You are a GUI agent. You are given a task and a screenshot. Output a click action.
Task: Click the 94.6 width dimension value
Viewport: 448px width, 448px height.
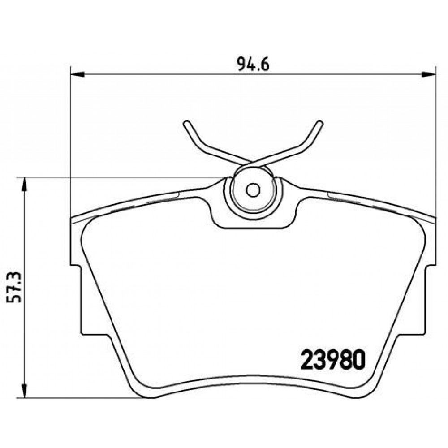click(x=253, y=65)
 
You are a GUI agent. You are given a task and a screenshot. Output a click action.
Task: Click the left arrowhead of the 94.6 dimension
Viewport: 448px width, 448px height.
click(x=78, y=74)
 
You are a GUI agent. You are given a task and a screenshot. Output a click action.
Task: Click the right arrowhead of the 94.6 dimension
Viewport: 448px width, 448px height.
click(x=429, y=74)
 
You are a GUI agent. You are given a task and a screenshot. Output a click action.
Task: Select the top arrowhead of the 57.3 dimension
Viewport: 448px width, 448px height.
click(x=25, y=184)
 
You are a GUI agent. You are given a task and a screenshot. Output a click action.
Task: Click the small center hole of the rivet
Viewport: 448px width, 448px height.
click(x=253, y=190)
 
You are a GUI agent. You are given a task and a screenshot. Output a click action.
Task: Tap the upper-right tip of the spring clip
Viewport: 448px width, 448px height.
click(x=320, y=123)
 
